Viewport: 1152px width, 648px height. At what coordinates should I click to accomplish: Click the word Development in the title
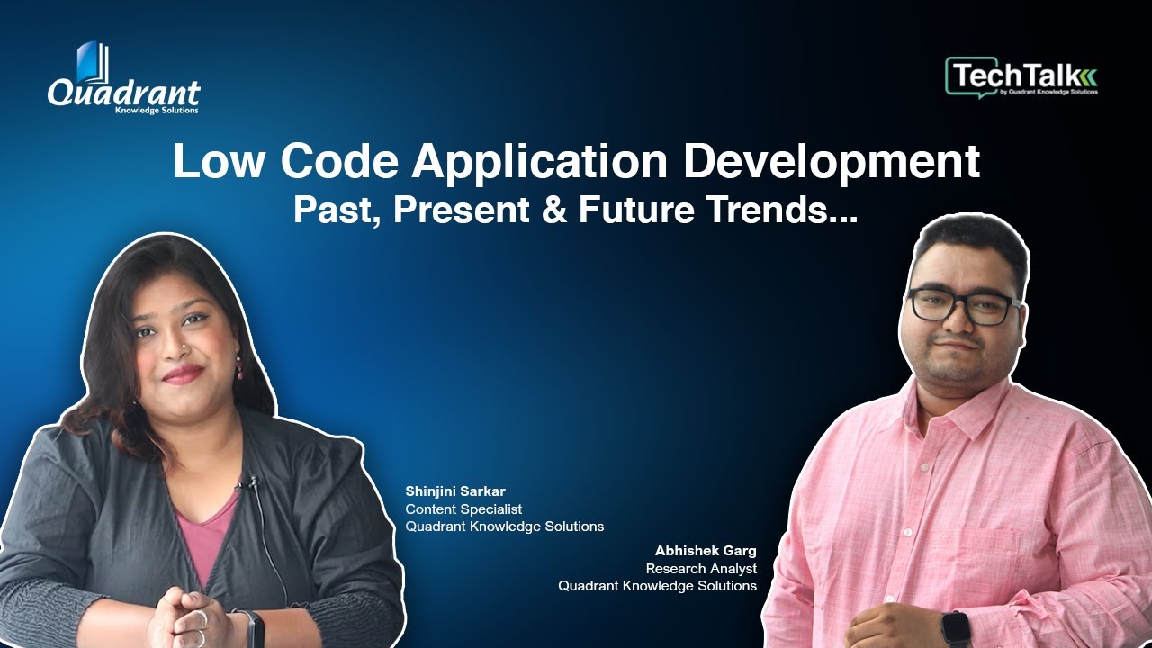tap(832, 161)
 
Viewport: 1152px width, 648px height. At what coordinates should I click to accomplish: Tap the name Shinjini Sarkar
tap(455, 490)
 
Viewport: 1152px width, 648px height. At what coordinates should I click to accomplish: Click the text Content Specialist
tap(463, 508)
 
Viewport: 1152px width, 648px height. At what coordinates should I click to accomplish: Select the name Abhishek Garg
tap(706, 550)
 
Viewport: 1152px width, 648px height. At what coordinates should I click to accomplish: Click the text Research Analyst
tap(701, 568)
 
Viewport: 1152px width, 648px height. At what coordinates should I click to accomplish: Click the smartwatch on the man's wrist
tap(955, 627)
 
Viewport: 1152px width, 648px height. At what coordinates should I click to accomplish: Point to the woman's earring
tap(239, 364)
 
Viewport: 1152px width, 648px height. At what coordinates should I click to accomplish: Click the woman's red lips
tap(183, 373)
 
